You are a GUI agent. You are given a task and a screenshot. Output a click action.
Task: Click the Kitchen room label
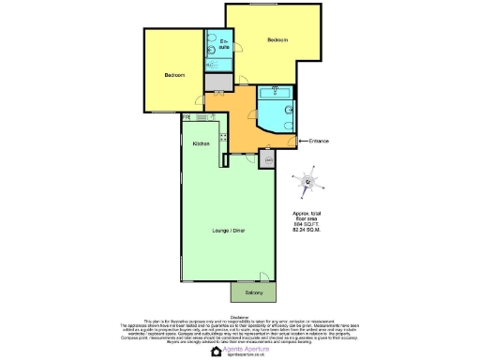(x=201, y=143)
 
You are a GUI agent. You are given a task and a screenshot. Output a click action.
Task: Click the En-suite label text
(x=224, y=45)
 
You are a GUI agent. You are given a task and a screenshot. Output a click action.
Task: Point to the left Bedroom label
(x=175, y=75)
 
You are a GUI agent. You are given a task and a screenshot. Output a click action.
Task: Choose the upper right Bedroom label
(x=277, y=39)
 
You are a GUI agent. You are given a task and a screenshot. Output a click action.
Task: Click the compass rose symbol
(x=307, y=183)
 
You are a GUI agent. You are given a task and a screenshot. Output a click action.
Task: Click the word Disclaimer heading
(x=240, y=315)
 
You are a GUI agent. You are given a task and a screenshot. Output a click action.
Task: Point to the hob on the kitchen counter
(x=223, y=140)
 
